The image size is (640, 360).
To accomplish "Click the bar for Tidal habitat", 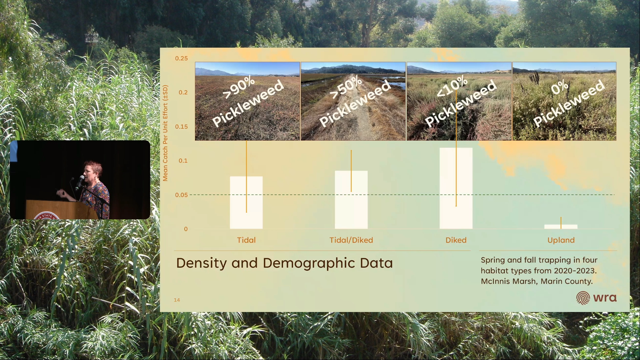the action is (246, 203).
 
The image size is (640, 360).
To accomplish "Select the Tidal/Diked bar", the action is (351, 200).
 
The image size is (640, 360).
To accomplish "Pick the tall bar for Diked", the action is (456, 188).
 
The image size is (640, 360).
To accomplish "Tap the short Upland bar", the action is (561, 227).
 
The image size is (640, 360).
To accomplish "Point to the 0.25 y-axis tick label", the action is (182, 58).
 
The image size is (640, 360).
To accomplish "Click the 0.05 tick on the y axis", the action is (182, 195).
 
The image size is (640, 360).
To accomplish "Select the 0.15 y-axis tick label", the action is (182, 127).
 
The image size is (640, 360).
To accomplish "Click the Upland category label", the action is (561, 240).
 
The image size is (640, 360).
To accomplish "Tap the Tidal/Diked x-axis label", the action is (351, 240).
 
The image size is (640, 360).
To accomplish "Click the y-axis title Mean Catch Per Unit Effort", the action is (165, 133).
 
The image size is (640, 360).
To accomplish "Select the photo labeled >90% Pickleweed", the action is (247, 101).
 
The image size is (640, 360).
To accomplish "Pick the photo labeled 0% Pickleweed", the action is (564, 101).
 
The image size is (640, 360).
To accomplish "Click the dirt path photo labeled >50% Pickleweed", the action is (353, 101).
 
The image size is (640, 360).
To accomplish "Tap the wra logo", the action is (596, 298).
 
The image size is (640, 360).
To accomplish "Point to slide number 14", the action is (177, 300).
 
